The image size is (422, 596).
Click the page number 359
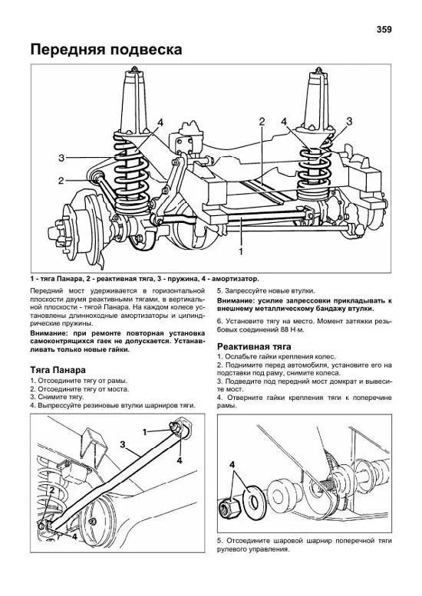(x=384, y=29)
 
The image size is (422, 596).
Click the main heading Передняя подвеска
(x=106, y=50)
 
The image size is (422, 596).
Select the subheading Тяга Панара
(x=58, y=370)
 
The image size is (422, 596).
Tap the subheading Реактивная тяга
(x=254, y=347)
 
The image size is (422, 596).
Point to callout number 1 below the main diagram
(x=241, y=251)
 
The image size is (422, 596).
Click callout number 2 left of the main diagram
(x=61, y=181)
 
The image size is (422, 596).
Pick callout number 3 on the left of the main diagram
(x=61, y=157)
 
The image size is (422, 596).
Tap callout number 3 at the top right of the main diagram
(x=349, y=122)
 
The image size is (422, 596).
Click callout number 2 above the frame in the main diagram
(x=262, y=122)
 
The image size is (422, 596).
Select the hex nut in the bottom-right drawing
(x=228, y=506)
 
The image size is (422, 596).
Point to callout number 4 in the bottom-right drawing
(x=232, y=464)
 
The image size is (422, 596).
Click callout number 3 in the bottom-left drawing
(x=122, y=444)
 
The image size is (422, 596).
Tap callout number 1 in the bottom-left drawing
(x=145, y=432)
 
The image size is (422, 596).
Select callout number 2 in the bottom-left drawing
(x=52, y=490)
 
